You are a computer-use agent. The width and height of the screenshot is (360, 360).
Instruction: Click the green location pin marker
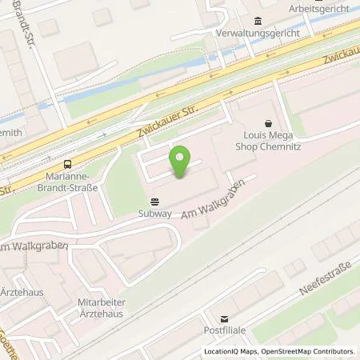pyautogui.click(x=182, y=162)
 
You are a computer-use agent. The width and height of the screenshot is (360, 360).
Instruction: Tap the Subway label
pyautogui.click(x=154, y=214)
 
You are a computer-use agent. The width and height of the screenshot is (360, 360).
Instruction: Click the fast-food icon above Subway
pyautogui.click(x=154, y=201)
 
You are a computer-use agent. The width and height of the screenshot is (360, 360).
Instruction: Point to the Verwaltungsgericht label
pyautogui.click(x=258, y=34)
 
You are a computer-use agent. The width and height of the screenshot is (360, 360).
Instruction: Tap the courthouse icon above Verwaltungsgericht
pyautogui.click(x=258, y=21)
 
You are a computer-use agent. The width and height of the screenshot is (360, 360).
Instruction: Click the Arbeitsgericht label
pyautogui.click(x=320, y=9)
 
